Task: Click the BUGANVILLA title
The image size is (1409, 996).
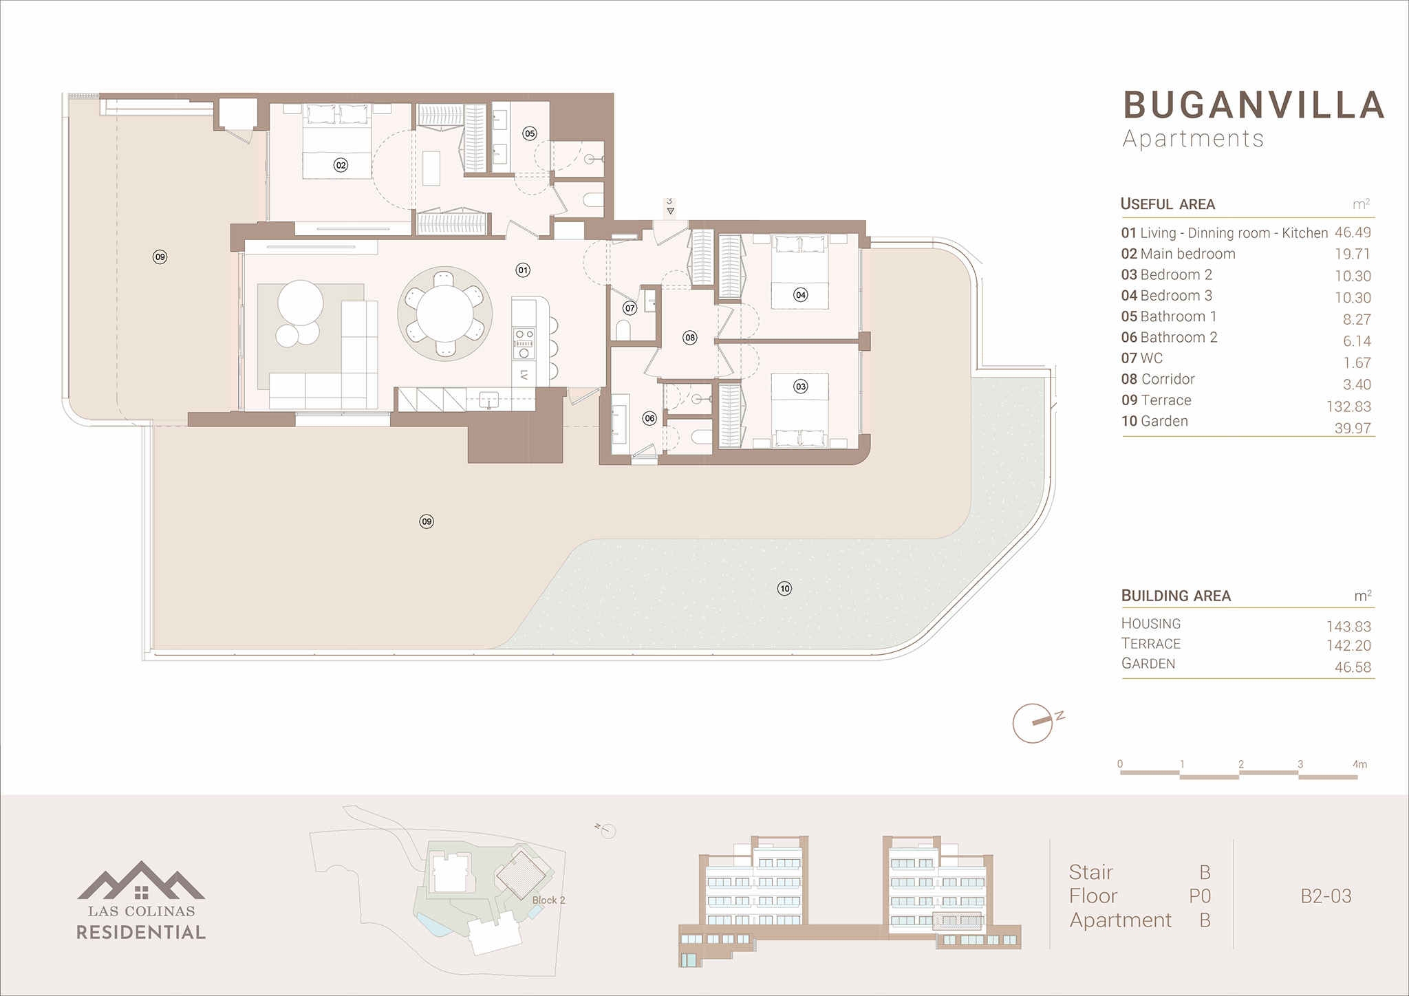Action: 1254,105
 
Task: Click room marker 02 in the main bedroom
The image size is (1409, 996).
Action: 341,165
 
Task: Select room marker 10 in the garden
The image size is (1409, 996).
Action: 784,588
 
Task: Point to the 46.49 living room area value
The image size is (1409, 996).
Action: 1353,232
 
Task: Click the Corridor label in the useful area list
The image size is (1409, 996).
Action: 1168,379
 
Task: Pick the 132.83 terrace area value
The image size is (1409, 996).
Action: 1348,407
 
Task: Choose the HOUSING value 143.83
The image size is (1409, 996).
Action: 1348,627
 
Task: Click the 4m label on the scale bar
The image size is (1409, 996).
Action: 1359,764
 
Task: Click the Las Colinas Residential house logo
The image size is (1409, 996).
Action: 141,880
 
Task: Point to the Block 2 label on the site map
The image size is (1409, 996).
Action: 548,900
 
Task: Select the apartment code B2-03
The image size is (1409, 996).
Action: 1326,896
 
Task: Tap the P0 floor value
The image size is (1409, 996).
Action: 1200,896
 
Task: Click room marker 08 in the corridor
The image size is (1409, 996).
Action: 690,338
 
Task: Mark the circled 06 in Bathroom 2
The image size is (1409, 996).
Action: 649,418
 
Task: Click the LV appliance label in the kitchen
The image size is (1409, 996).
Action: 524,375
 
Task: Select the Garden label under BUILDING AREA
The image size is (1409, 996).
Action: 1148,664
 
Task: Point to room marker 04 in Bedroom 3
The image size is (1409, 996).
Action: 800,295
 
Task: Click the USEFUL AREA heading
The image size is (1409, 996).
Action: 1168,204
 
